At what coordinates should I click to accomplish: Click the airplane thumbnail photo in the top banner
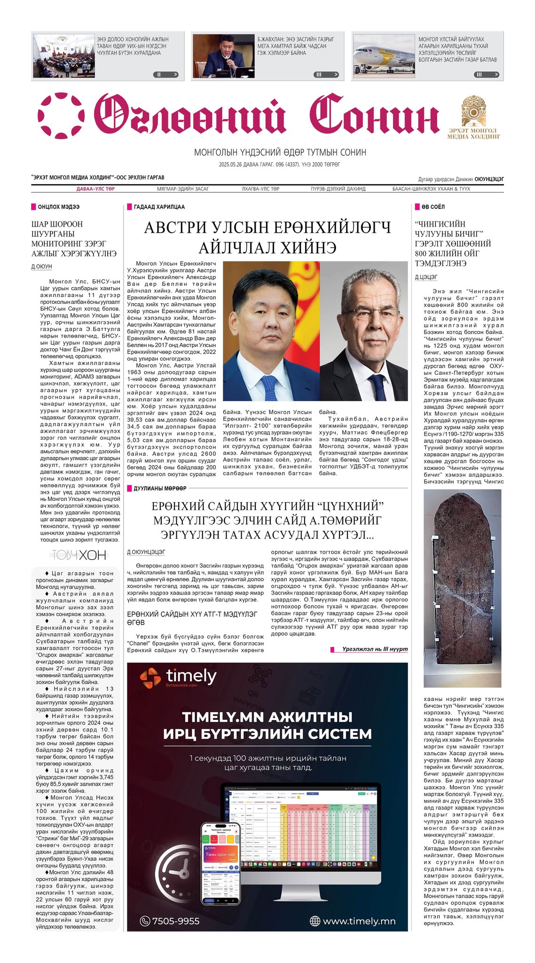[x=384, y=56]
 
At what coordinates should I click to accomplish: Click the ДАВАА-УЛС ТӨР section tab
[x=95, y=189]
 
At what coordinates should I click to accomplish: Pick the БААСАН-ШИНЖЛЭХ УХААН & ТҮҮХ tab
[x=431, y=189]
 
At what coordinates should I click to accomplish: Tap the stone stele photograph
[x=462, y=588]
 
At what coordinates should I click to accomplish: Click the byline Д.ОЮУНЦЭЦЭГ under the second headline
[x=146, y=552]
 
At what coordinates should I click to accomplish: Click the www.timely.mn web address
[x=359, y=921]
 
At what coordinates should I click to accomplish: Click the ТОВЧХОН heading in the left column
[x=79, y=555]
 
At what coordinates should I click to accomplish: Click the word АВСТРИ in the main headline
[x=178, y=228]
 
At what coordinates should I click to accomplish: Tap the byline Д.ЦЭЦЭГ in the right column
[x=426, y=277]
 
